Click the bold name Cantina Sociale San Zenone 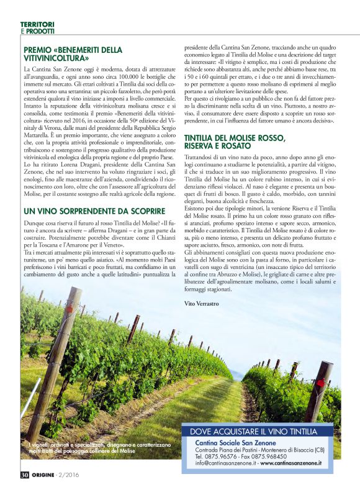[244, 442]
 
